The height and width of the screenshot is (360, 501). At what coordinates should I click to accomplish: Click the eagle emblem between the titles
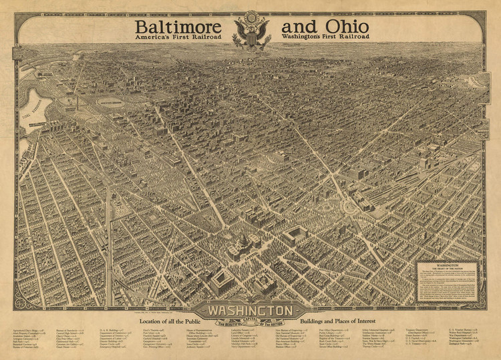click(252, 30)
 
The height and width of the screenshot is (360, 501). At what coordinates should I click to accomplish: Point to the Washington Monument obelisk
click(77, 107)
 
